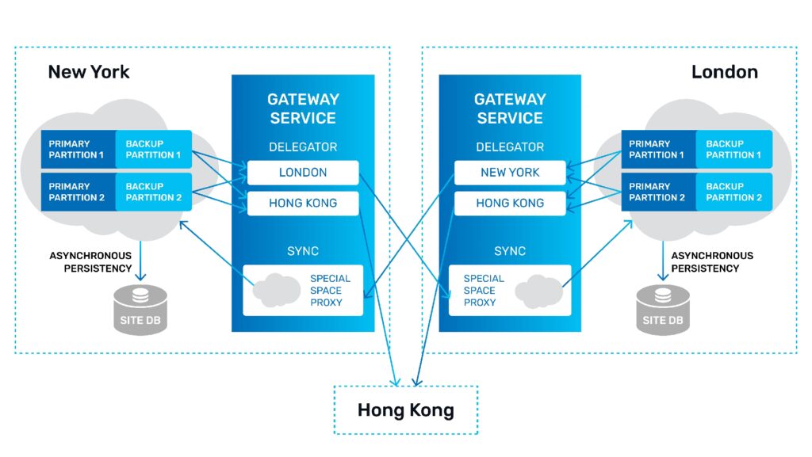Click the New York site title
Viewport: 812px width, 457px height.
[88, 72]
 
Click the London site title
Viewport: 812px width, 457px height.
[724, 72]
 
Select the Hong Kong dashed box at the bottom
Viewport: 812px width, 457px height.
[405, 410]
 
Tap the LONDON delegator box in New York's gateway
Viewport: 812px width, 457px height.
[303, 173]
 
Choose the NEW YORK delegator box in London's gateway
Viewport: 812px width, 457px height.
[510, 173]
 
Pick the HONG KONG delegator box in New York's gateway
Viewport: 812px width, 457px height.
[303, 203]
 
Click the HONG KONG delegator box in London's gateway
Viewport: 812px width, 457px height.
[510, 203]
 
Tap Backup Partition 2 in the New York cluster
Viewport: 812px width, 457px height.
[154, 192]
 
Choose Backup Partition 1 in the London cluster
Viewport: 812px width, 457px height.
[733, 150]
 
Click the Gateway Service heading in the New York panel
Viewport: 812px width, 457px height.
[303, 109]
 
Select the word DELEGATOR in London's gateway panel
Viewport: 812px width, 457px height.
[510, 147]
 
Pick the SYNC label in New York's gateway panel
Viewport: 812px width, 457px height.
[303, 251]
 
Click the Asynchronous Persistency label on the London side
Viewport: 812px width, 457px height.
[712, 262]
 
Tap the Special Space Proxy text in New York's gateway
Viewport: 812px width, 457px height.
[330, 291]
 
